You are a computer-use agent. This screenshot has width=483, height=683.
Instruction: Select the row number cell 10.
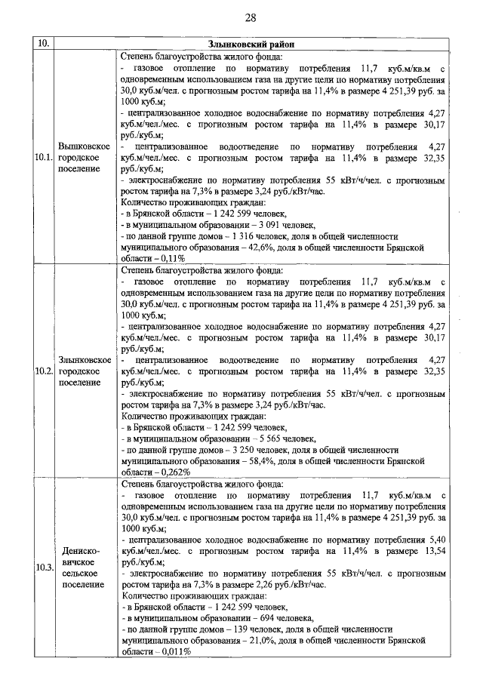point(43,45)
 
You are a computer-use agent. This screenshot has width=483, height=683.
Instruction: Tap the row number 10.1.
point(43,157)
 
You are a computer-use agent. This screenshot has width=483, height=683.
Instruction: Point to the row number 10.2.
point(43,371)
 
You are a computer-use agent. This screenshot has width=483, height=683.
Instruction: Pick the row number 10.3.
point(43,567)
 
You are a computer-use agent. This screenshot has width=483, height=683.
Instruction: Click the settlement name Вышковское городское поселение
point(85,157)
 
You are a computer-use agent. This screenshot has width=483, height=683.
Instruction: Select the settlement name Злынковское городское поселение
point(85,371)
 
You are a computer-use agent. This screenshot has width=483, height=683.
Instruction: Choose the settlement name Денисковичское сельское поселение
point(85,567)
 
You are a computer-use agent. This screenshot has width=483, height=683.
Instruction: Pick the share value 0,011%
point(174,651)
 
